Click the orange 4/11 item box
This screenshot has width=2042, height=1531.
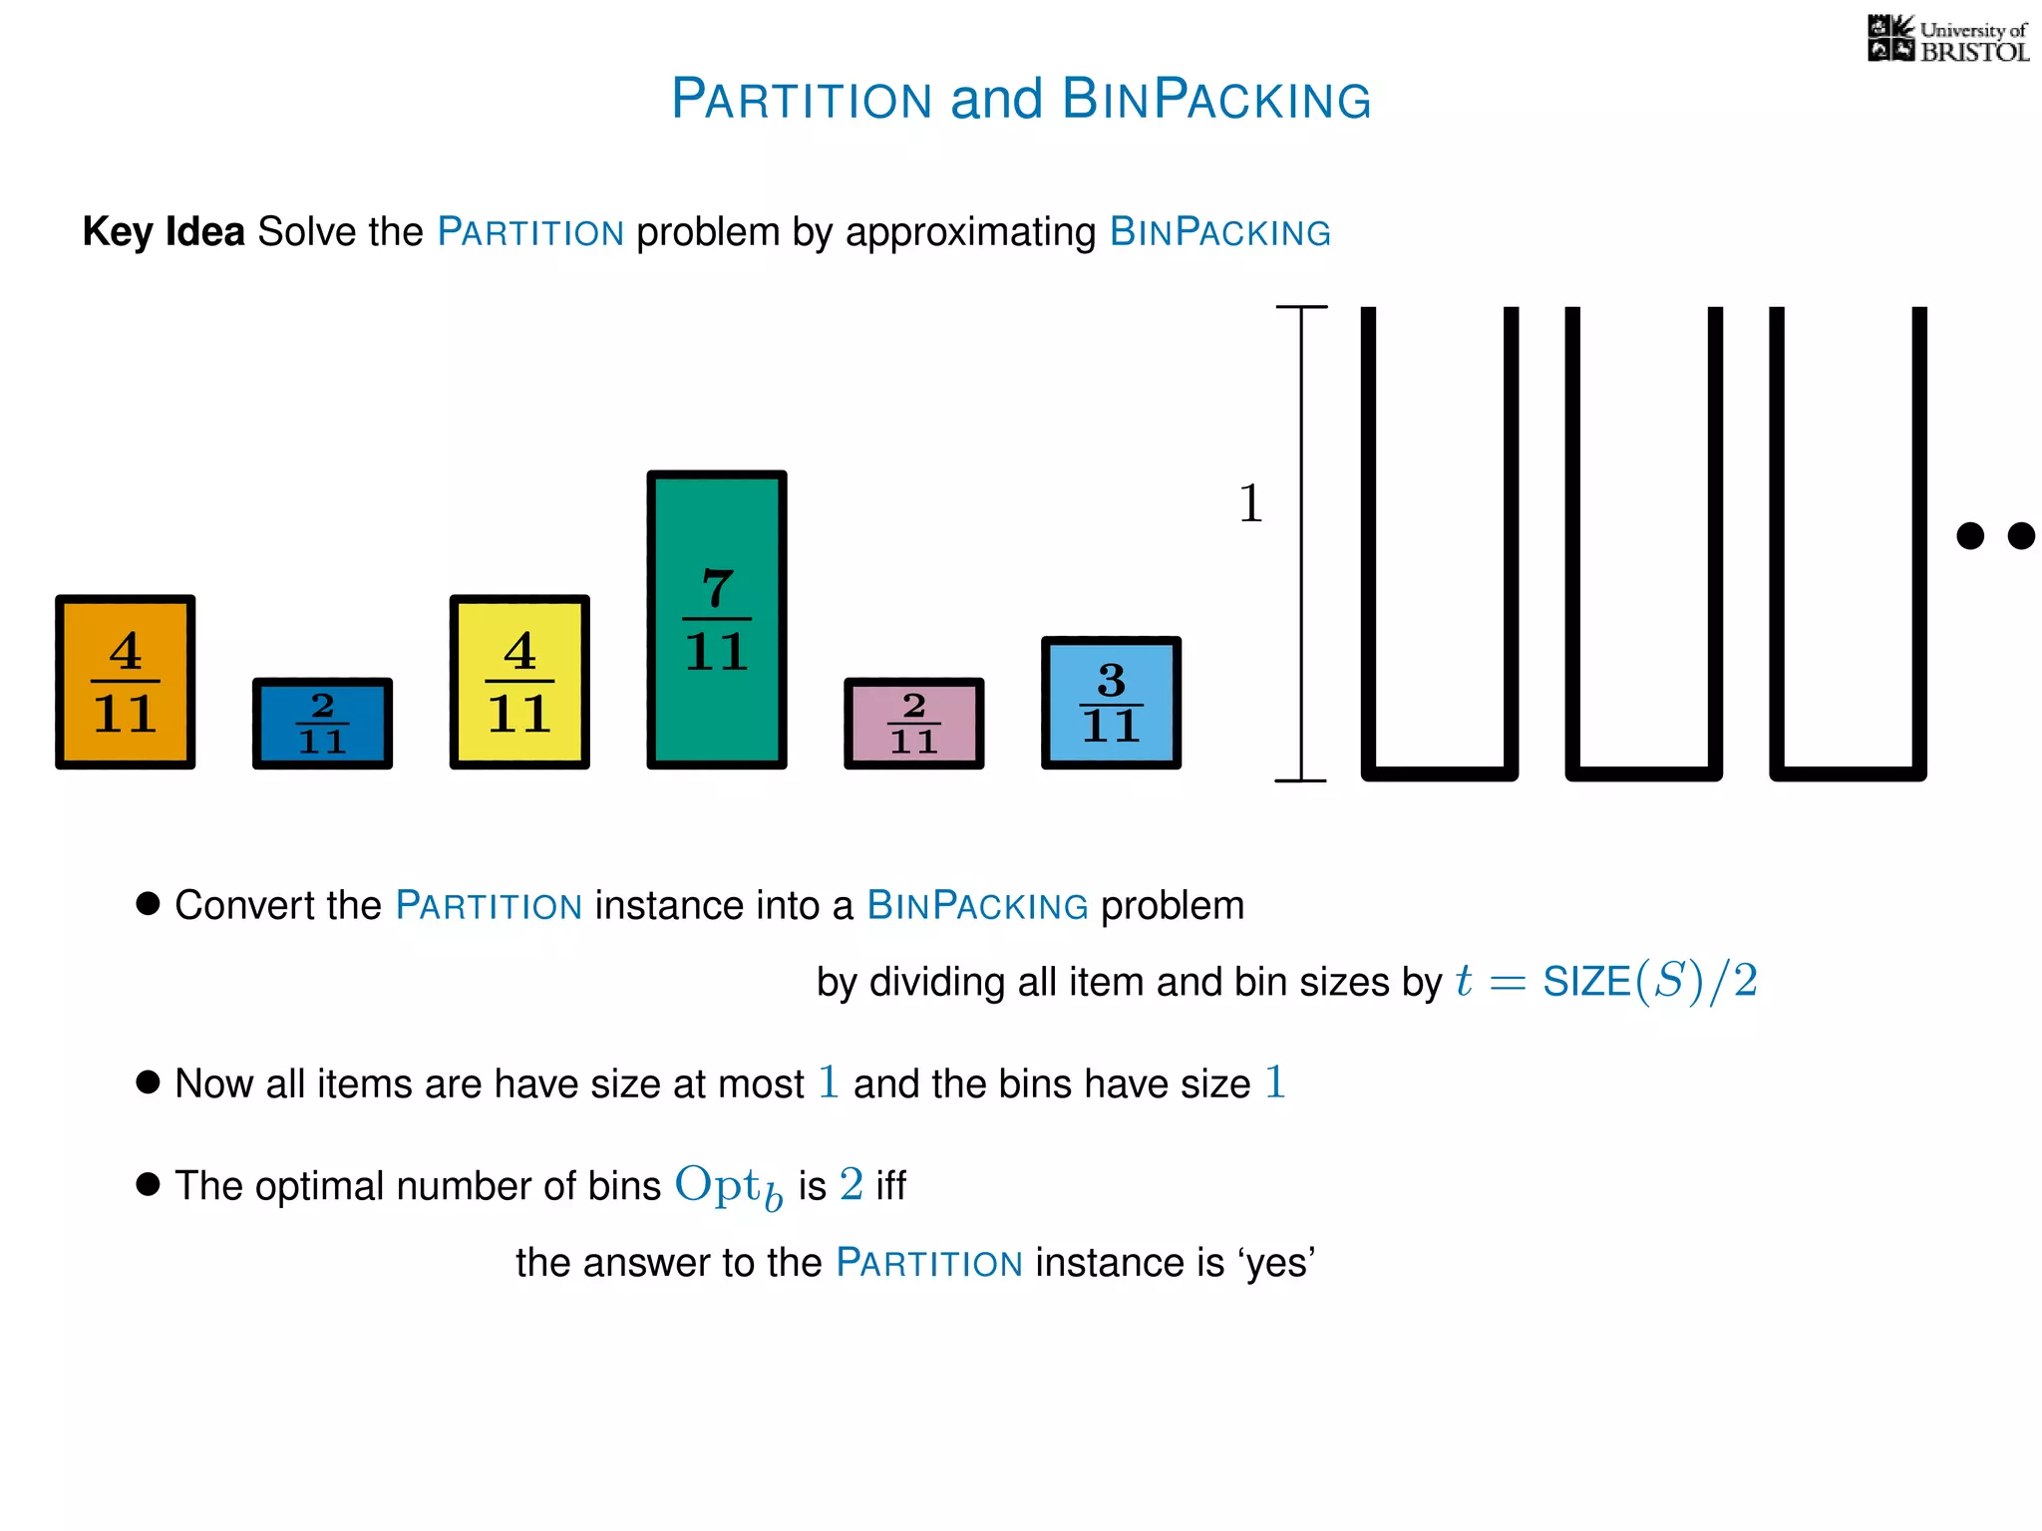tap(125, 682)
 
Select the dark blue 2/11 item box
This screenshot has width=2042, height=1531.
tap(322, 724)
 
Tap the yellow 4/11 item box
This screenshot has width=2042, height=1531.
tap(519, 682)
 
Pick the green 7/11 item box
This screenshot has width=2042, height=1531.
tap(717, 619)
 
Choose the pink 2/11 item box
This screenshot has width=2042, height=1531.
tap(913, 724)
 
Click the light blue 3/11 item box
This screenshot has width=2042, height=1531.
tap(1111, 703)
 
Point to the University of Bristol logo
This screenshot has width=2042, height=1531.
tap(1947, 40)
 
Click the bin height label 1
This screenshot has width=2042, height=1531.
tap(1250, 503)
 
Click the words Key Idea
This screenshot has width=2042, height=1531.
tap(164, 232)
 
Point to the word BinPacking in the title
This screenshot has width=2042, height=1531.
tap(1216, 100)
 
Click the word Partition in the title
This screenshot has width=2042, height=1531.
tap(802, 100)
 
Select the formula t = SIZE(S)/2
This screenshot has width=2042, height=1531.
tap(1605, 982)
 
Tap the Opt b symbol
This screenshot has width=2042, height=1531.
tap(728, 1186)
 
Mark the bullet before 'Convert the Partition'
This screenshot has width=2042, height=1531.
tap(148, 903)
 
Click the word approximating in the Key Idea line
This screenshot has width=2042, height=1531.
tap(970, 232)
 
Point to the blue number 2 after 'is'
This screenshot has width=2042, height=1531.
tap(851, 1185)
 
